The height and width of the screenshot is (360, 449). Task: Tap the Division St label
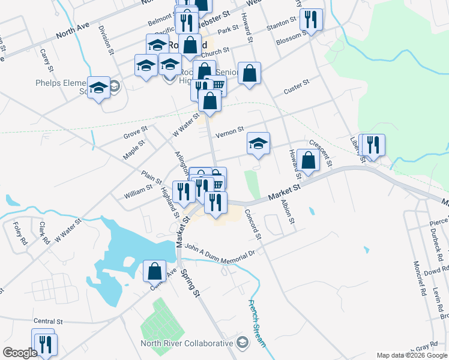pyautogui.click(x=106, y=40)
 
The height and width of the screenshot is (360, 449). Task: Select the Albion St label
pyautogui.click(x=287, y=212)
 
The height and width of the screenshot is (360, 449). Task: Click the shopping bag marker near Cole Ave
pyautogui.click(x=155, y=271)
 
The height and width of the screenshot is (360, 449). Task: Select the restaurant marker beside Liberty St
pyautogui.click(x=373, y=144)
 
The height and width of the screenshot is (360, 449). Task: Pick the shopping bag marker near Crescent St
pyautogui.click(x=308, y=161)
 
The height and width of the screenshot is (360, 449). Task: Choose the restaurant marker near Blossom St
pyautogui.click(x=311, y=19)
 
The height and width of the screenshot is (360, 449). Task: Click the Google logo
pyautogui.click(x=19, y=353)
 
